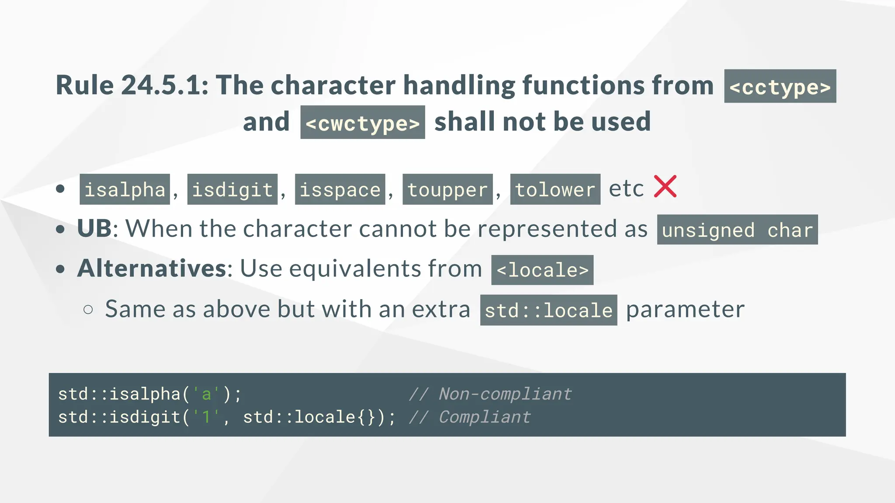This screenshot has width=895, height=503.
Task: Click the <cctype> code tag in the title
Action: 780,86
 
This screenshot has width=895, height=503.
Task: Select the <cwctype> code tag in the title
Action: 363,123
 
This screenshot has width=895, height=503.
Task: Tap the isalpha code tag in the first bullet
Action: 125,189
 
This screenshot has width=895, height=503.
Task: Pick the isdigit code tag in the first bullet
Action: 232,189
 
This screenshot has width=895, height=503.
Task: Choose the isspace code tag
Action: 340,189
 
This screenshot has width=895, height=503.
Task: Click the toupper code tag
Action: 447,189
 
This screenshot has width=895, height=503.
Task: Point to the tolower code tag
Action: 555,189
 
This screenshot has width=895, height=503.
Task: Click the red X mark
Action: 665,186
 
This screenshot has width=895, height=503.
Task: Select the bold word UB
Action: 94,228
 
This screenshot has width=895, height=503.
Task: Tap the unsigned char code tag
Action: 737,230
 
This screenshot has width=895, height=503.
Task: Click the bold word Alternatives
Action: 152,269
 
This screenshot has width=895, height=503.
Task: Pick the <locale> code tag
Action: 542,270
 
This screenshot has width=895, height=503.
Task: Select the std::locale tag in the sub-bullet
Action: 548,310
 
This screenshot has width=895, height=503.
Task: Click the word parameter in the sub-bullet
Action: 685,310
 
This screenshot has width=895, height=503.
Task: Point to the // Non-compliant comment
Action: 490,394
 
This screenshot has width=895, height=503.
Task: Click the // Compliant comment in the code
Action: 470,417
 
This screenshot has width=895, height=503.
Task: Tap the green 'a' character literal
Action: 207,394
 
